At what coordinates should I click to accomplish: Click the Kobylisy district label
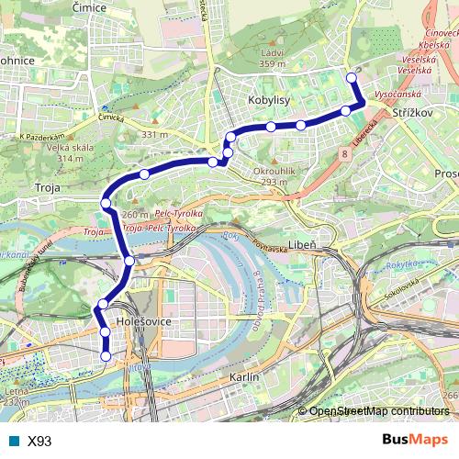270,98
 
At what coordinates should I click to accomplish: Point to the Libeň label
302,244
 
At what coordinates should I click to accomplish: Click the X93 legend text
39,441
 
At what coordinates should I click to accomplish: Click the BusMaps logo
415,441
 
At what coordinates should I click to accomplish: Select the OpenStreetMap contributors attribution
379,411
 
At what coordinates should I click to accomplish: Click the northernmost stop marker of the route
351,78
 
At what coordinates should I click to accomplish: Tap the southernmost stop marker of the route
106,356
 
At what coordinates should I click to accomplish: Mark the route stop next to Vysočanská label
346,111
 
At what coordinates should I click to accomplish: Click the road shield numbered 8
343,156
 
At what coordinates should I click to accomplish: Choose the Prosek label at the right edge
447,174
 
